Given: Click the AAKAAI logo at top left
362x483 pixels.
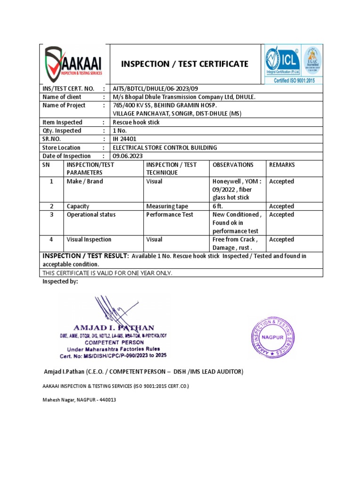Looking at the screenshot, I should coord(74,64).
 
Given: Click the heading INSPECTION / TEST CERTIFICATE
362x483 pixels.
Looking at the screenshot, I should coord(185,64).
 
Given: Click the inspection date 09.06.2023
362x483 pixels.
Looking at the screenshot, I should coord(127,156).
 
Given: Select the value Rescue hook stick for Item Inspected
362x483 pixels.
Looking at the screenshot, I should coord(136,122).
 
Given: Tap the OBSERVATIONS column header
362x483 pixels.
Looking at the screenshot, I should coord(233,165).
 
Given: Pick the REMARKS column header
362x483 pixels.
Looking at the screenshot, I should coord(281,165).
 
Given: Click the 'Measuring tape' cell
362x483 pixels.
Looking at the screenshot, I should coord(167,206).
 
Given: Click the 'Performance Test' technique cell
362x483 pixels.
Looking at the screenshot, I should coord(170,215).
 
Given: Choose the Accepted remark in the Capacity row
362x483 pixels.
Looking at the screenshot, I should coord(281,206).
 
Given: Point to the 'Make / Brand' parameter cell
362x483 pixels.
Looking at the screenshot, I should coord(85,182).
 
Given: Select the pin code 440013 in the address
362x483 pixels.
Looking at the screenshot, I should coord(106,400).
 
